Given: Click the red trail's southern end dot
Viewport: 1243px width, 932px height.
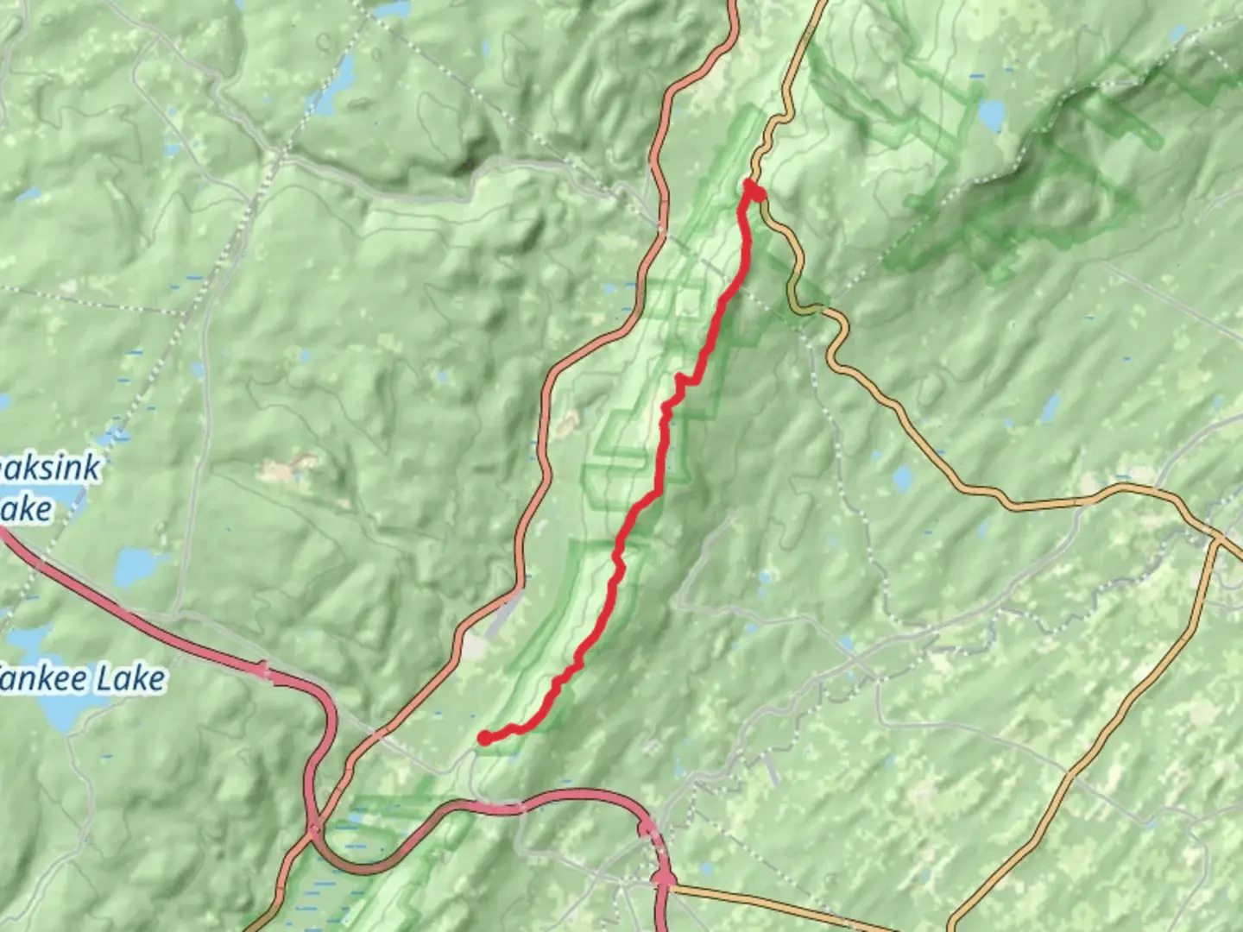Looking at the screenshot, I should pyautogui.click(x=486, y=737).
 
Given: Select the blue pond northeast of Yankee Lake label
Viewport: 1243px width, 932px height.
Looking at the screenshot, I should pyautogui.click(x=135, y=566).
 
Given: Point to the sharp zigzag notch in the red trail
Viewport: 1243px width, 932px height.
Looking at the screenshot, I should pyautogui.click(x=682, y=381).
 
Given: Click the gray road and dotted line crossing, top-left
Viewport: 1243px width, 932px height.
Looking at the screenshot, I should pyautogui.click(x=274, y=155).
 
